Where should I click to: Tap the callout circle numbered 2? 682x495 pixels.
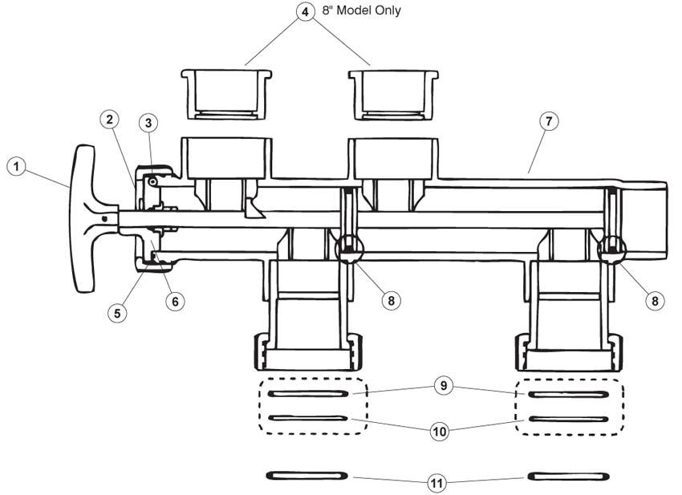[x=110, y=120]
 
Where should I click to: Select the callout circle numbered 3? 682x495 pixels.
[x=148, y=123]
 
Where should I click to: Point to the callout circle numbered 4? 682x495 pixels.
[x=305, y=13]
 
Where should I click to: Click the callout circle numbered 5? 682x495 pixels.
[x=118, y=312]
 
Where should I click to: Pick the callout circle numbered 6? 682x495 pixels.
[x=175, y=301]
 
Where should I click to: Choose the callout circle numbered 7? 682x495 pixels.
[x=548, y=122]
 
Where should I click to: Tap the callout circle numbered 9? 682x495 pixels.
[x=442, y=386]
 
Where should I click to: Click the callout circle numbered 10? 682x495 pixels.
[x=439, y=432]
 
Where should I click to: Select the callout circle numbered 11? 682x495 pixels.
[x=437, y=483]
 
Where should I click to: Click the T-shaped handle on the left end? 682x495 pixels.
[x=87, y=217]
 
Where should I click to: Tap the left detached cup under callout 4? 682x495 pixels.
[x=225, y=94]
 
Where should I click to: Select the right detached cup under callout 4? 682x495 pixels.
[x=393, y=94]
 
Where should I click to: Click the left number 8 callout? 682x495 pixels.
[x=391, y=301]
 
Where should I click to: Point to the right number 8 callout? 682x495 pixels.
[x=656, y=301]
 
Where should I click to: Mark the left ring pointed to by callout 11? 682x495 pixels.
[x=306, y=476]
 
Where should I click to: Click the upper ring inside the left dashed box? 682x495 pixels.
[x=307, y=394]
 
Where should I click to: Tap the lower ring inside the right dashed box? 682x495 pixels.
[x=568, y=419]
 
